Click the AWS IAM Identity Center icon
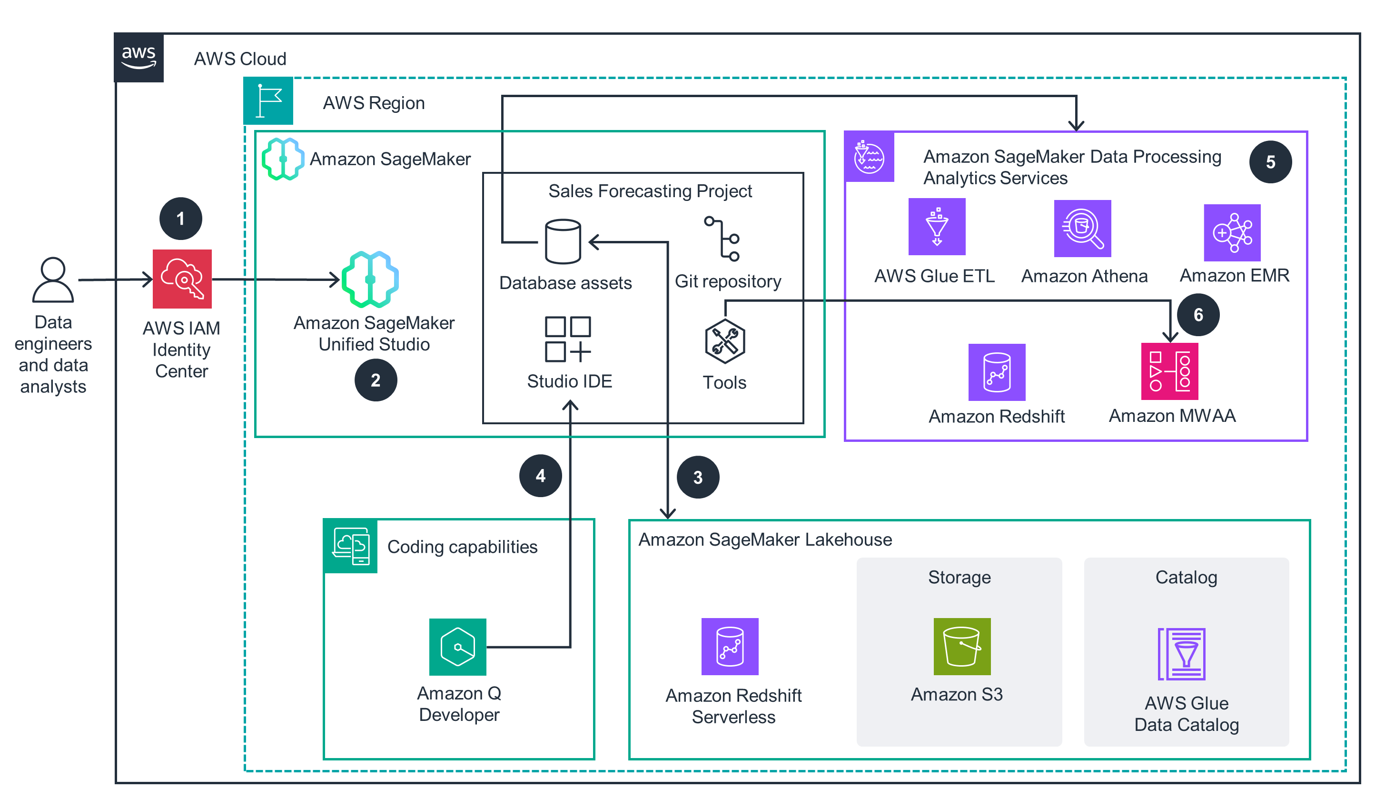(182, 279)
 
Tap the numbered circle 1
(180, 219)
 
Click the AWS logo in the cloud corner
(139, 58)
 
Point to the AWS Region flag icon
(268, 101)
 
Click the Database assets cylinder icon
(563, 241)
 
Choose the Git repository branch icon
(723, 239)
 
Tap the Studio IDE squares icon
(567, 339)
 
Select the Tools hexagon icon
(724, 341)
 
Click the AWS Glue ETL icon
(937, 227)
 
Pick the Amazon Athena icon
(1082, 228)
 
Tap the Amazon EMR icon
(1232, 232)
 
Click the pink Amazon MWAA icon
(1169, 371)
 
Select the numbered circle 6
(1198, 315)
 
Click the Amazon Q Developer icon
(458, 647)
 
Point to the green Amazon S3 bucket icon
(961, 646)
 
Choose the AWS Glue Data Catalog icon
(1181, 654)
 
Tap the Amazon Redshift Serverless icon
(730, 646)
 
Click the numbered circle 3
(698, 477)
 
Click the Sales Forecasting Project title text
(650, 191)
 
